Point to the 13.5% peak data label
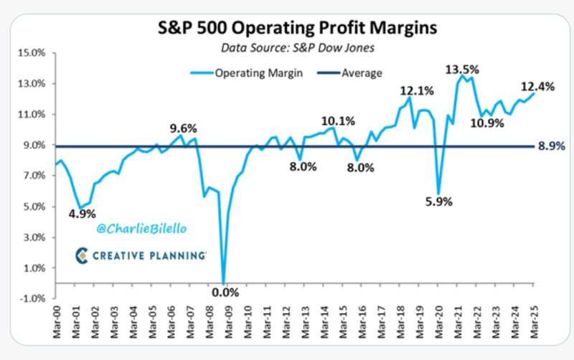462,70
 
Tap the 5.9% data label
439,202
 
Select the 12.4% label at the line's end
537,87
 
